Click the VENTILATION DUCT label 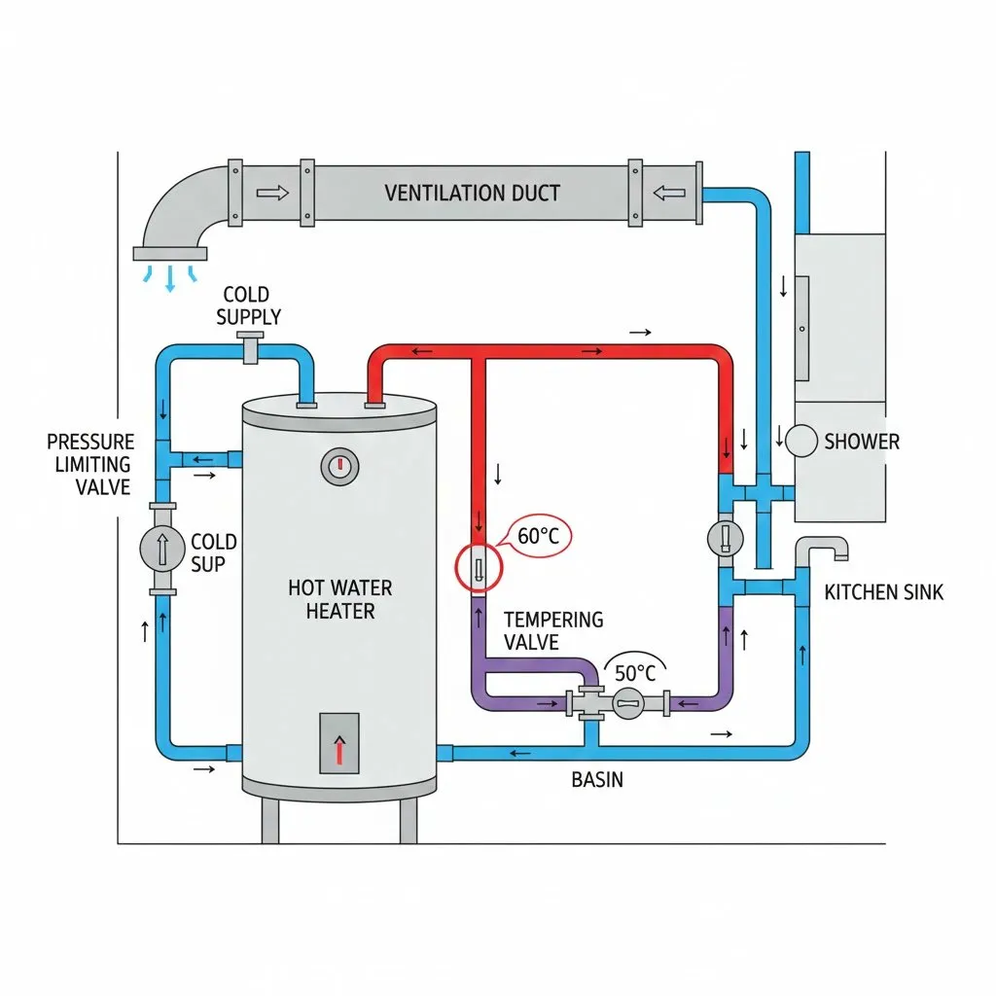(x=472, y=193)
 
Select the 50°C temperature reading (x=635, y=672)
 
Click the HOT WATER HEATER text (x=339, y=599)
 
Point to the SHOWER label (x=862, y=442)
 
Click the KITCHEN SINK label (x=883, y=592)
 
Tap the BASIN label (x=597, y=779)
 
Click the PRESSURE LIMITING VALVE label (x=90, y=464)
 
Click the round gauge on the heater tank (x=339, y=466)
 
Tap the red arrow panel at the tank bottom (x=339, y=742)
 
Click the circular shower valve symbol (x=801, y=441)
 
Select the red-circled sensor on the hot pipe (x=478, y=567)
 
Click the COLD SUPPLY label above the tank (x=248, y=305)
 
